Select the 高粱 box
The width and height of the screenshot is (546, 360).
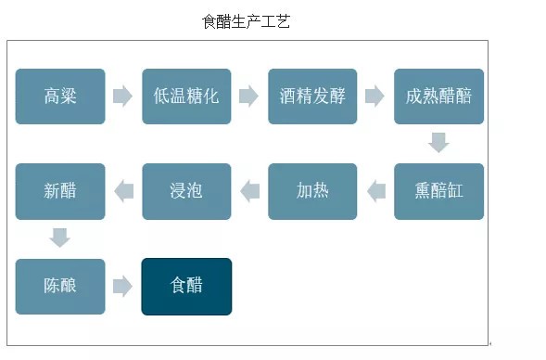[x=60, y=96]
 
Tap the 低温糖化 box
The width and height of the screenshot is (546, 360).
[x=186, y=96]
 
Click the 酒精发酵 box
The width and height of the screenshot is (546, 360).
[x=312, y=96]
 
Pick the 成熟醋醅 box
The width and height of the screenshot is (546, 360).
[x=438, y=96]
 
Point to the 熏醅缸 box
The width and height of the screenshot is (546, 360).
[x=438, y=191]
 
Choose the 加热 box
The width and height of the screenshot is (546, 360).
[x=312, y=191]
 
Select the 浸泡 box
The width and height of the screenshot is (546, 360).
[x=186, y=191]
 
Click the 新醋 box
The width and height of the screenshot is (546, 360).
[x=60, y=191]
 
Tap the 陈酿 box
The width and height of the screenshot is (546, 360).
[x=60, y=286]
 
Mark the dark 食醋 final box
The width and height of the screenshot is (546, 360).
[x=186, y=286]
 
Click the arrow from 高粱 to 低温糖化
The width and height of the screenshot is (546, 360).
[x=122, y=96]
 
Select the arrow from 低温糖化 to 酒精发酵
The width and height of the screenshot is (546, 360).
[x=248, y=96]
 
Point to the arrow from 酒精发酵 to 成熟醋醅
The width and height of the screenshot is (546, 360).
[x=375, y=96]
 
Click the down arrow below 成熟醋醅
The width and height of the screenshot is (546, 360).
[x=438, y=143]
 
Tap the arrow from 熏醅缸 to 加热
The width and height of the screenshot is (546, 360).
[x=375, y=191]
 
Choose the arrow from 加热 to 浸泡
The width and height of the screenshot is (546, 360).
[x=249, y=191]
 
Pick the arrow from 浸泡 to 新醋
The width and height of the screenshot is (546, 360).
[x=123, y=191]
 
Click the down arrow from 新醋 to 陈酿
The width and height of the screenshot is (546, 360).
[x=60, y=238]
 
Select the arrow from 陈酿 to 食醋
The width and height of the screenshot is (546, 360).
[x=122, y=286]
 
